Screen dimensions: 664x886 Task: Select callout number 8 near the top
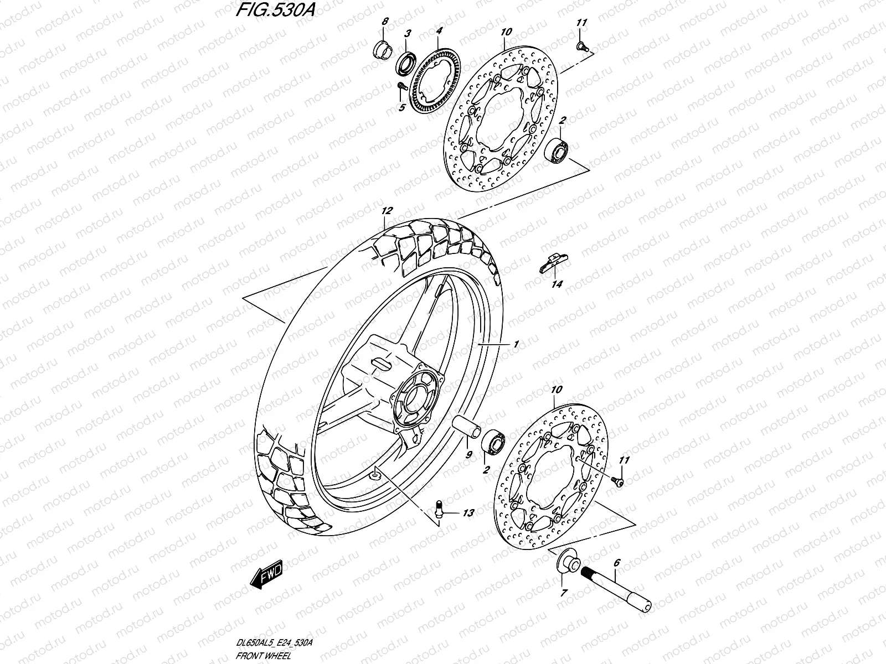point(385,22)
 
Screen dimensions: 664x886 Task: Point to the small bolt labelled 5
point(401,86)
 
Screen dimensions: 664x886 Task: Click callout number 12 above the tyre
point(387,211)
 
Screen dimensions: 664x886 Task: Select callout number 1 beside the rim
point(516,344)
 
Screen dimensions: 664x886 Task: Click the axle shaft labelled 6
point(615,586)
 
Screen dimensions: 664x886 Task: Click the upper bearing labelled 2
point(558,150)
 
